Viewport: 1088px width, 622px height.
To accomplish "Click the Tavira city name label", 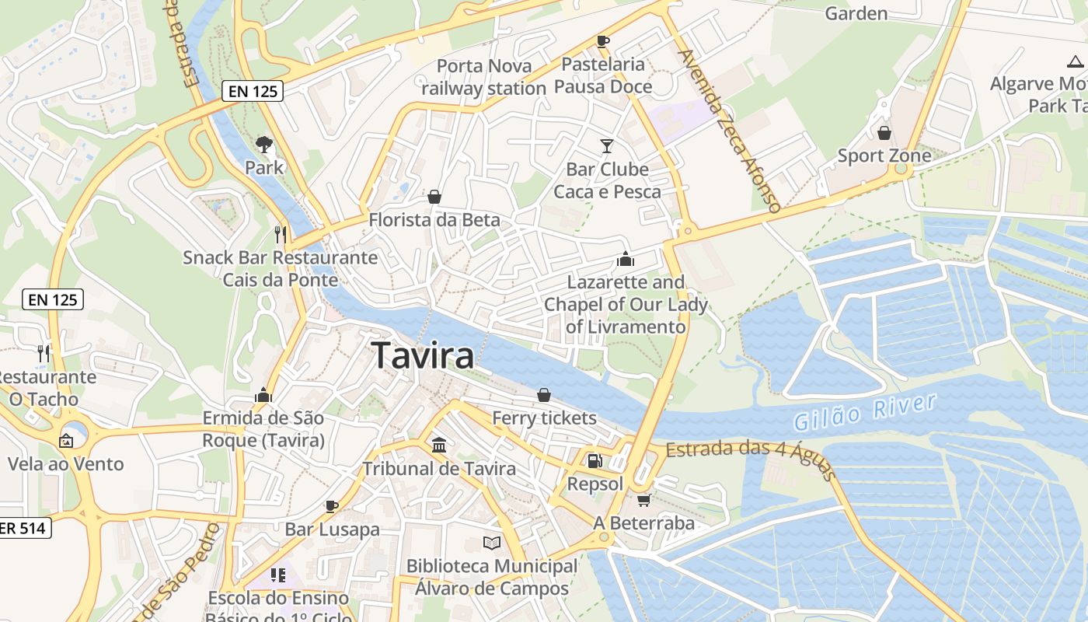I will (423, 355).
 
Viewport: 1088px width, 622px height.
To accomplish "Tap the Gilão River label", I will (864, 412).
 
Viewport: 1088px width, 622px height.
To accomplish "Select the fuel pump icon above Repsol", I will (595, 461).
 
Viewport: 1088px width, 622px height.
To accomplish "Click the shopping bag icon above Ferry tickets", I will (544, 395).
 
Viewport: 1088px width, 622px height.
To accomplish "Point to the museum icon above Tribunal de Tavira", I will (439, 446).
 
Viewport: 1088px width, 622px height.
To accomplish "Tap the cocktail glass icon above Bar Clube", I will (607, 145).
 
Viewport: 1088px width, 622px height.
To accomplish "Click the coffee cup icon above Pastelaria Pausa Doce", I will (603, 41).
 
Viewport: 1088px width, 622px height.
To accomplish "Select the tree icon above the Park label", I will (264, 144).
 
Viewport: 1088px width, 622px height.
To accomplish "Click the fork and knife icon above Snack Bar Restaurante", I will (281, 233).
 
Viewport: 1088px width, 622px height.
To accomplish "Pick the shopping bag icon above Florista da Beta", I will (434, 197).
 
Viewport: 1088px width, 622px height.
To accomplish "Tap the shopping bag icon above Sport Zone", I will (884, 133).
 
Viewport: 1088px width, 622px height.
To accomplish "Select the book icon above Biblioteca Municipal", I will (491, 543).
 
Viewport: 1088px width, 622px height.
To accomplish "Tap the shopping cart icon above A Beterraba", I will (643, 500).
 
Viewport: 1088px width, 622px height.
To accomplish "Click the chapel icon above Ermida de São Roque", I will (263, 395).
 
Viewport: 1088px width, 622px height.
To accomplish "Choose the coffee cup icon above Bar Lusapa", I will (332, 506).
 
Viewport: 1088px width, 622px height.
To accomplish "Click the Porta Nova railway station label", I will (483, 77).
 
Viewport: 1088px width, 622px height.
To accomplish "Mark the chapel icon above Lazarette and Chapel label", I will (626, 259).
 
